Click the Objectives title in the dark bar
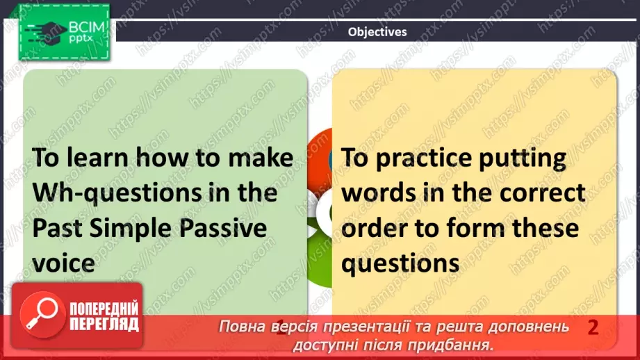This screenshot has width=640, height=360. tap(377, 32)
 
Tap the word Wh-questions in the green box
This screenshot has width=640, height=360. tap(117, 193)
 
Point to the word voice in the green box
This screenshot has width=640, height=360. tap(63, 263)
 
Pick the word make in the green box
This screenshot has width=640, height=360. tap(261, 158)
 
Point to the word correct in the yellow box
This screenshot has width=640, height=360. tap(543, 193)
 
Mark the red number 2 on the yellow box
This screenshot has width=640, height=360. tap(593, 327)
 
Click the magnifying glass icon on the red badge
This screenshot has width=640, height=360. tap(42, 315)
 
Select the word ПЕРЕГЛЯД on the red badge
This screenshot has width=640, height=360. tap(104, 324)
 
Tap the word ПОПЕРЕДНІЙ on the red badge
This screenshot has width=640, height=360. tap(104, 309)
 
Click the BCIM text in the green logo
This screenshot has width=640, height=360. tap(87, 27)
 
